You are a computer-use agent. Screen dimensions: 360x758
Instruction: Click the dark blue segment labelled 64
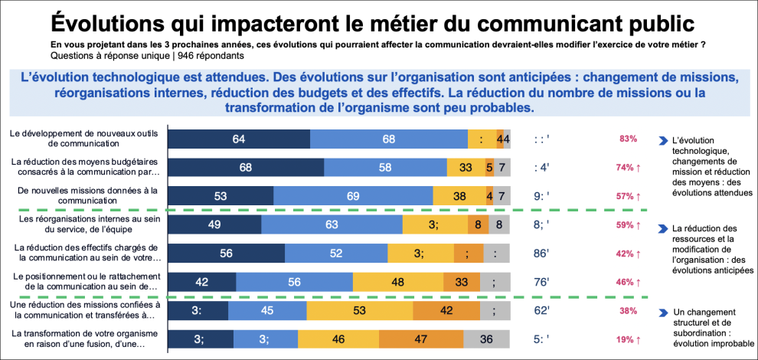tap(239, 139)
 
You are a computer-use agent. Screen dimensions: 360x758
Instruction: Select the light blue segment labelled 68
tap(388, 139)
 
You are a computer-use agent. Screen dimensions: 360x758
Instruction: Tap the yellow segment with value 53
tap(360, 311)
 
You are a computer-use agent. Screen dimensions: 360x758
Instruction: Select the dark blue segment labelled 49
tap(214, 224)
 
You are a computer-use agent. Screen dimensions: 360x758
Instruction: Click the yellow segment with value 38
tap(459, 196)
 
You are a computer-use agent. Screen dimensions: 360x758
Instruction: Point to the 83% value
tap(629, 139)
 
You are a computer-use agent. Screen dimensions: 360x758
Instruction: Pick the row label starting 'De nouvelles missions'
tap(83, 196)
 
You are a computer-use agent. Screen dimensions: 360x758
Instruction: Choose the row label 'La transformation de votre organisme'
tap(83, 339)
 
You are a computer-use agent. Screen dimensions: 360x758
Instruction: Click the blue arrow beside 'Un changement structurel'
tap(662, 313)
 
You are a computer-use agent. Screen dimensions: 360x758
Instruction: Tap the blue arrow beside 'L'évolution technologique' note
tap(662, 140)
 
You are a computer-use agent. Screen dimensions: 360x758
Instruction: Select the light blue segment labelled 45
tap(267, 311)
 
